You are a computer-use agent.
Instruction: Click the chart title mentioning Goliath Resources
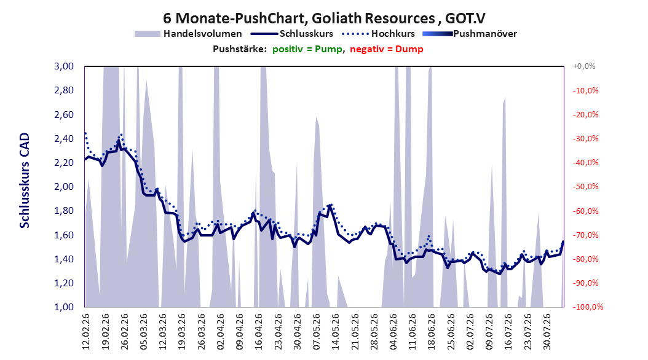(324, 18)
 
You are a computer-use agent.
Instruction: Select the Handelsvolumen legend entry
(189, 34)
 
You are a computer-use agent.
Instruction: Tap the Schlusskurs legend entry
(291, 34)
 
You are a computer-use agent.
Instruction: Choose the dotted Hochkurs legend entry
(378, 34)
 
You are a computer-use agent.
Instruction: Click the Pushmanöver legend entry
(470, 34)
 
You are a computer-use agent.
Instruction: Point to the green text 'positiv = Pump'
(307, 49)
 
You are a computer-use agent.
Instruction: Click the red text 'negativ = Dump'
(387, 49)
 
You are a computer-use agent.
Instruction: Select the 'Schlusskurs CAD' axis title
(25, 181)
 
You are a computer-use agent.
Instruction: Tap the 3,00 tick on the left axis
(64, 66)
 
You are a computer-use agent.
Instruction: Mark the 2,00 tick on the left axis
(64, 187)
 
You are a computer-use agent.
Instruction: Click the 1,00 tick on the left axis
(64, 307)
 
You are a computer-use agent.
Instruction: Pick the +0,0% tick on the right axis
(584, 66)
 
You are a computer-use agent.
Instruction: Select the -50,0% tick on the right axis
(585, 187)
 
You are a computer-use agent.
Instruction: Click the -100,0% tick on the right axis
(588, 307)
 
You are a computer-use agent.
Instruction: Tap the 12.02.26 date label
(86, 332)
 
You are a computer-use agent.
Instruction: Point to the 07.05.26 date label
(316, 332)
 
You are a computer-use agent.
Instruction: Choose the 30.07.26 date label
(547, 332)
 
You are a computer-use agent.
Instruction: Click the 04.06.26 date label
(393, 332)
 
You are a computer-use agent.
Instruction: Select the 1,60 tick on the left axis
(64, 235)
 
